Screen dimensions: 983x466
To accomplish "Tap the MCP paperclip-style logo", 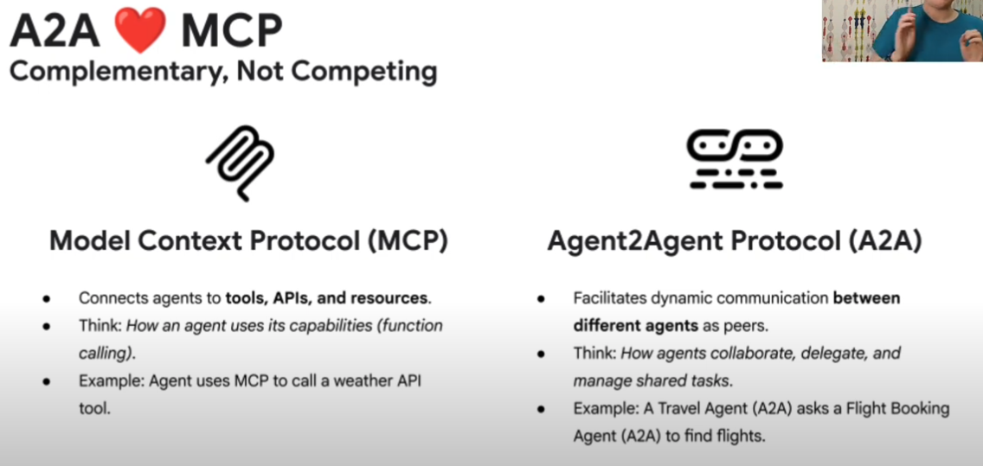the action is tap(240, 163).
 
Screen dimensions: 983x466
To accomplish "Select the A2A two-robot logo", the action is tap(735, 159).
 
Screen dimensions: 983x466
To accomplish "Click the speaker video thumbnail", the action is tap(903, 30).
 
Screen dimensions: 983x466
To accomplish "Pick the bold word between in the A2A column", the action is tap(866, 297).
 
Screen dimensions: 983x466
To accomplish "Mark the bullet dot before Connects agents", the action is tap(46, 299).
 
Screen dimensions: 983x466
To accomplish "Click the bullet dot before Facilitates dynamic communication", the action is tap(541, 299).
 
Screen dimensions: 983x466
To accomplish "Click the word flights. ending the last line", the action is tap(743, 437).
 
